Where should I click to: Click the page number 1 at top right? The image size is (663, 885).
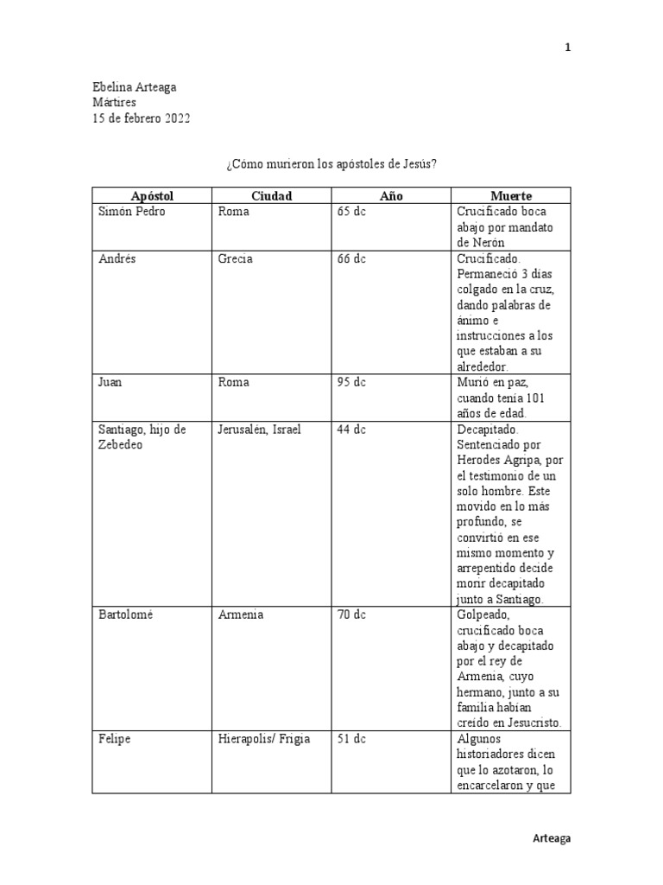point(567,48)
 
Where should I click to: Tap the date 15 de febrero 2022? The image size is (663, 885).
point(142,118)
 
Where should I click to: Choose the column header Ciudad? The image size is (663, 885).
point(272,196)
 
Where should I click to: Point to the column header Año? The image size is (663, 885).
point(391,196)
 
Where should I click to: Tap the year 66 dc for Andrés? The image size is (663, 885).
point(351,260)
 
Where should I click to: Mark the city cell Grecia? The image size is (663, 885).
point(236,260)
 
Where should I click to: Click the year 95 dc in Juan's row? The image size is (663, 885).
point(351,382)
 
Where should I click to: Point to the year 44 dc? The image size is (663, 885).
point(351,430)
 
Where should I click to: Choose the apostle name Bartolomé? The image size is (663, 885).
point(129,615)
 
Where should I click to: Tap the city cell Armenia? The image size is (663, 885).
point(241,615)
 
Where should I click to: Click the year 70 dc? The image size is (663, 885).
point(351,615)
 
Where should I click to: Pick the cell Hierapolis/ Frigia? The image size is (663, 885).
point(264,739)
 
